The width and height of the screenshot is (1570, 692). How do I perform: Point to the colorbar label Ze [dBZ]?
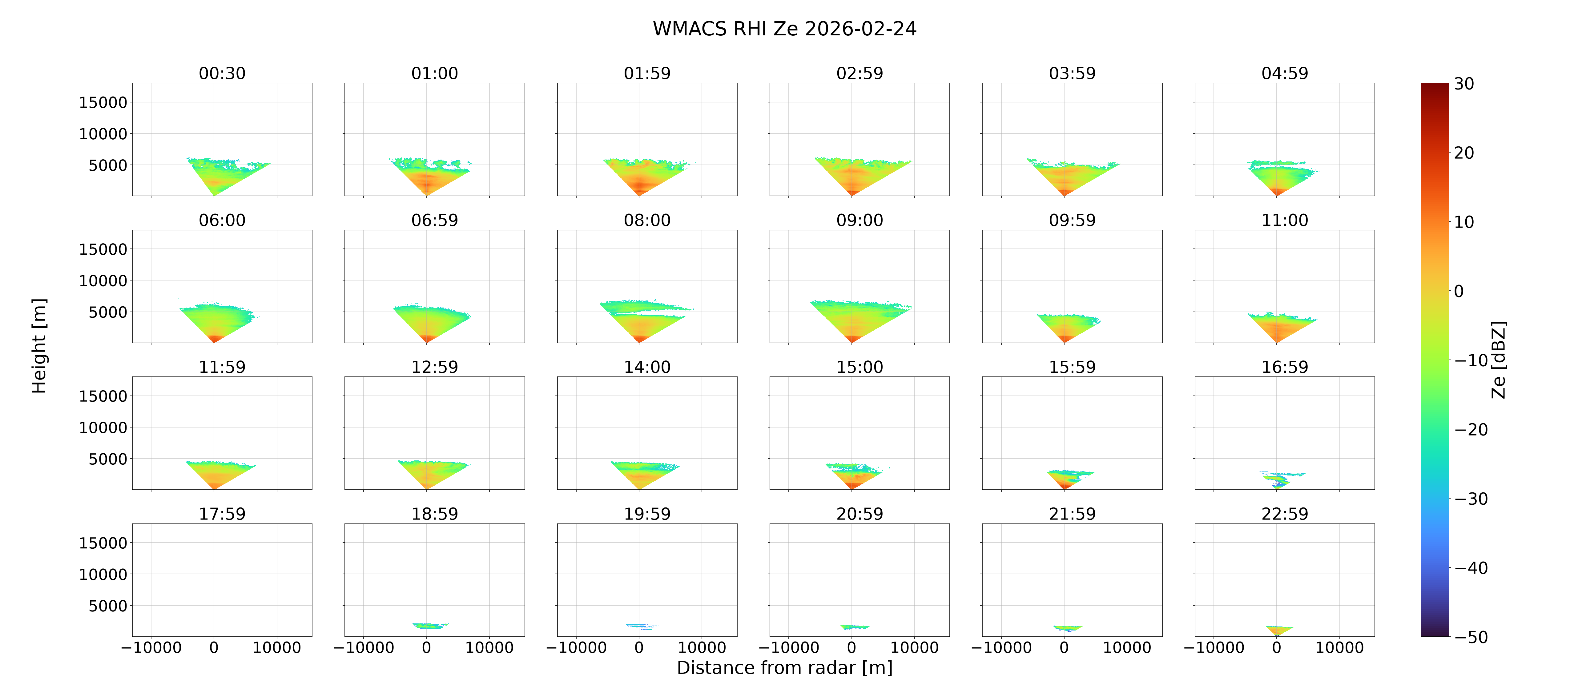pyautogui.click(x=1499, y=360)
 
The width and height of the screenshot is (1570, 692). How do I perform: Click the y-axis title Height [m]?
pyautogui.click(x=39, y=346)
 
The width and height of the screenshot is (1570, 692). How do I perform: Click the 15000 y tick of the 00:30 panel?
pyautogui.click(x=103, y=102)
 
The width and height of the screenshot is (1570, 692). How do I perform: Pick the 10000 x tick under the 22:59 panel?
pyautogui.click(x=1340, y=647)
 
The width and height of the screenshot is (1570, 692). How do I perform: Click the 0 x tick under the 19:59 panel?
pyautogui.click(x=639, y=647)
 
